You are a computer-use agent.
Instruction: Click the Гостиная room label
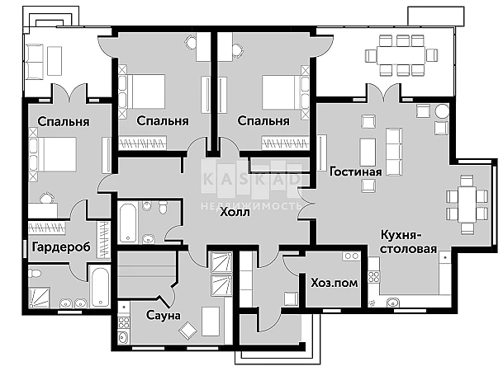(356, 171)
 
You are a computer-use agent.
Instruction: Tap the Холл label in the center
(235, 212)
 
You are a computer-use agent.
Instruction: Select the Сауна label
(164, 315)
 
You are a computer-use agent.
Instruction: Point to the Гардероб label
(61, 247)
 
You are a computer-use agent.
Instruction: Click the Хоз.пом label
(335, 283)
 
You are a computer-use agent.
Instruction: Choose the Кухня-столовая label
(408, 242)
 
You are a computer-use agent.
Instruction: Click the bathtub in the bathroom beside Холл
(128, 223)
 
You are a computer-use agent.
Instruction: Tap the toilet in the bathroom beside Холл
(164, 207)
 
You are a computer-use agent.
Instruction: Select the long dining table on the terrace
(401, 56)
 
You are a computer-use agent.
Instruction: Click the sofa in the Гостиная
(394, 152)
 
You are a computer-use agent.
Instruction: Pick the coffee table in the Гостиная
(368, 152)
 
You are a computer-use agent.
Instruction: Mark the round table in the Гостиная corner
(442, 111)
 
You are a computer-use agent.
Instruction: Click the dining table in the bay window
(467, 204)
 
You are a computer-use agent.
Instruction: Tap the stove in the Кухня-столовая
(374, 277)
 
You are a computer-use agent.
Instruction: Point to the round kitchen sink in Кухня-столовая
(393, 303)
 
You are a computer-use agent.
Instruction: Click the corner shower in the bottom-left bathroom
(40, 298)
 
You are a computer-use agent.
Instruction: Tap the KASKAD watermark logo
(252, 179)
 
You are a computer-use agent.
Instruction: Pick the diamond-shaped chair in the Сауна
(188, 331)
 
